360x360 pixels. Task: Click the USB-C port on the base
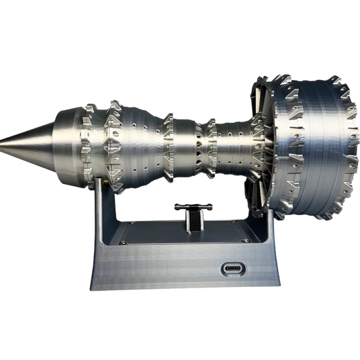233,268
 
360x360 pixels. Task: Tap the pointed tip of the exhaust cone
3,140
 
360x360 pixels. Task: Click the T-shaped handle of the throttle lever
194,206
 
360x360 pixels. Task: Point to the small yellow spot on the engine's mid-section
199,141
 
